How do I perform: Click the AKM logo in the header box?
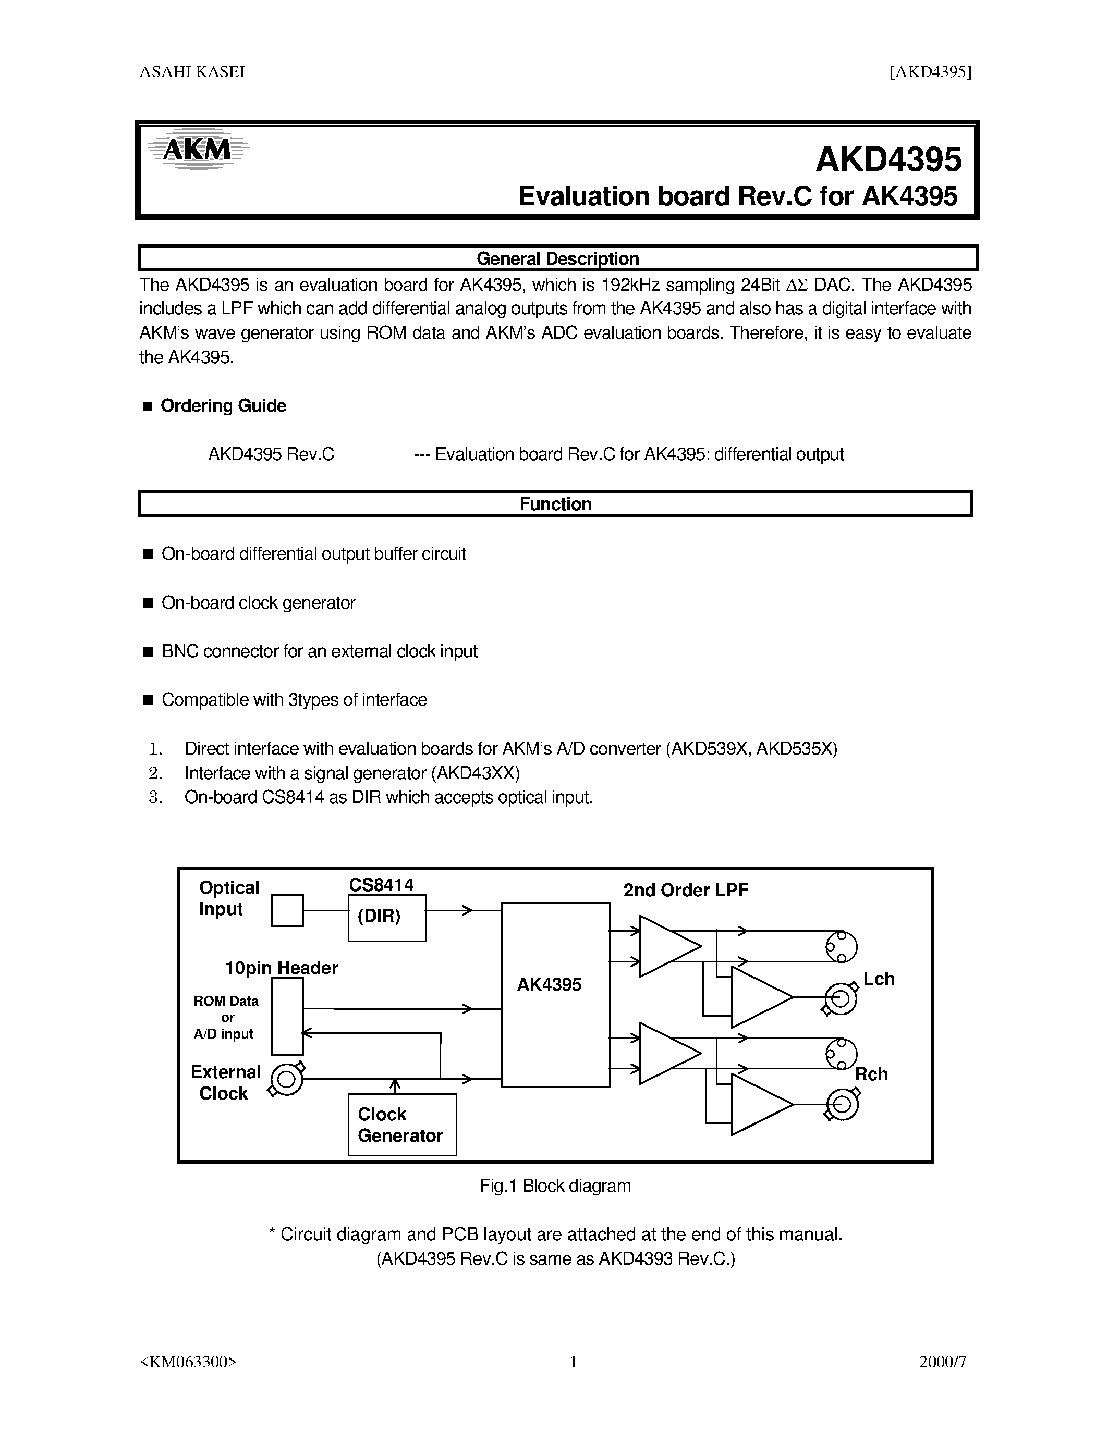[197, 150]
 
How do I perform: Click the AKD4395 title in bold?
[888, 159]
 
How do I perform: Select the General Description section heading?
[557, 258]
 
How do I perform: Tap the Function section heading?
[555, 504]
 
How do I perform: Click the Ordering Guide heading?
[223, 405]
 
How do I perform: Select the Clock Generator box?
[401, 1125]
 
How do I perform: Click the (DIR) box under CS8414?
[386, 917]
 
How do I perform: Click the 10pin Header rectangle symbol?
[287, 1016]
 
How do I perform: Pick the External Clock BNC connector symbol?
[287, 1078]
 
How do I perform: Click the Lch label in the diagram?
[878, 979]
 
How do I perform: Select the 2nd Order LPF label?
[685, 891]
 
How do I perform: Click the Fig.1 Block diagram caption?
[555, 1185]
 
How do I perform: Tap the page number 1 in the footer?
[573, 1362]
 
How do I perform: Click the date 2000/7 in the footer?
[942, 1362]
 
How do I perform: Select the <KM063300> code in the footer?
[188, 1362]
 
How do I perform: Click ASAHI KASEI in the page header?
[192, 72]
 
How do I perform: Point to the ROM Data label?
[226, 1001]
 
